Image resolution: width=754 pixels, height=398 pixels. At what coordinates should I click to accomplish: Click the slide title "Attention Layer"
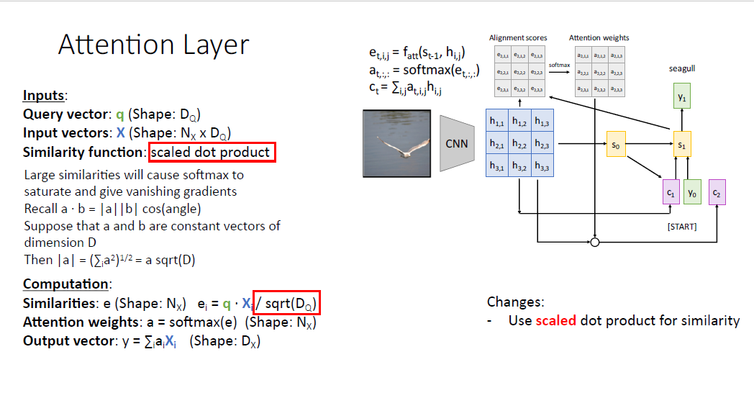[153, 45]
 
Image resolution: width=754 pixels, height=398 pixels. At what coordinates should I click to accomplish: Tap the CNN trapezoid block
[457, 143]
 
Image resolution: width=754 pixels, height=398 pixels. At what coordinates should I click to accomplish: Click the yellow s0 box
[615, 145]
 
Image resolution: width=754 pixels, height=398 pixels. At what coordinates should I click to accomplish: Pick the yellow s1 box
[682, 145]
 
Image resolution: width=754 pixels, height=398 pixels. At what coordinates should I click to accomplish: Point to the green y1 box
[682, 96]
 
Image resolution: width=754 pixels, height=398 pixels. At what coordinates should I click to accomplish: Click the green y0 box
[692, 193]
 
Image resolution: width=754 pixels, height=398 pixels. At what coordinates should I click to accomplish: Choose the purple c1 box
[670, 193]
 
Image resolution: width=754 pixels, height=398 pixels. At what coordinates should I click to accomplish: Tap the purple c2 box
[717, 193]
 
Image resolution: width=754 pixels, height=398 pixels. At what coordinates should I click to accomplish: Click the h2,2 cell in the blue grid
[519, 145]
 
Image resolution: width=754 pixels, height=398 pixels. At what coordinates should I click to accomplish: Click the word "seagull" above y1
[682, 69]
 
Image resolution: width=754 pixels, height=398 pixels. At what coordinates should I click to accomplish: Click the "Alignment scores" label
[518, 37]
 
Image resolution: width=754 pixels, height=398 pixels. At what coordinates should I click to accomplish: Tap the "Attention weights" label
[599, 37]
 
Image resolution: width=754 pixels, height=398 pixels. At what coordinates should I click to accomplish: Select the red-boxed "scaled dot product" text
[212, 152]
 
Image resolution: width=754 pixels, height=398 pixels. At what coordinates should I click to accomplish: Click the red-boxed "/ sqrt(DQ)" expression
[286, 304]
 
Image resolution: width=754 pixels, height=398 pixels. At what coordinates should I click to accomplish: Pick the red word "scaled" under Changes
[555, 320]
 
